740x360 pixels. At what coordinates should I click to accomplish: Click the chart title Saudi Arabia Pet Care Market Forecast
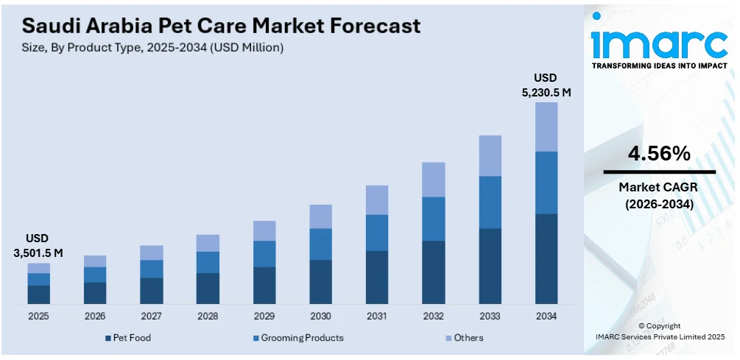point(221,26)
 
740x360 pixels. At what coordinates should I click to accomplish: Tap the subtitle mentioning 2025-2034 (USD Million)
point(152,47)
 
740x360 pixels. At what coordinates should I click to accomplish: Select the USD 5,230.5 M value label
point(546,85)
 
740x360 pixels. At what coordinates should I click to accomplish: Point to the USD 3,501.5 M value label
point(38,247)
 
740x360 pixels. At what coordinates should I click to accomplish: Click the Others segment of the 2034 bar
point(546,127)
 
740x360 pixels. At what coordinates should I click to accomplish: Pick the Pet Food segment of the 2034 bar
point(546,258)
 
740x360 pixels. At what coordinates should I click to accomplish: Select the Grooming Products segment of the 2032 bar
point(433,219)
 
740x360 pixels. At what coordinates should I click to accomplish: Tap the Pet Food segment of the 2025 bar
point(38,294)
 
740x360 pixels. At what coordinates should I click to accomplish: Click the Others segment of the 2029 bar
point(264,230)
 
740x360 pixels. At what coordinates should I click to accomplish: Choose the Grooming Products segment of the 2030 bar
point(320,244)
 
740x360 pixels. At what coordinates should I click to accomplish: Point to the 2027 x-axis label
point(151,316)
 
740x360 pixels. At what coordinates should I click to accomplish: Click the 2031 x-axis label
point(376,316)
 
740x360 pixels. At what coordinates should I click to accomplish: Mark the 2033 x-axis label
point(489,316)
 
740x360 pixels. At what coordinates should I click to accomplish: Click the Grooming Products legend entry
point(297,338)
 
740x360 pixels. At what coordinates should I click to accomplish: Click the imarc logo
point(659,46)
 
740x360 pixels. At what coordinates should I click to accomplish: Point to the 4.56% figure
point(659,154)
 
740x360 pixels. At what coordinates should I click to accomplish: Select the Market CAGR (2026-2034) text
point(659,195)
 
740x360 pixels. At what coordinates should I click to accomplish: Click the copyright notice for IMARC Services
point(660,331)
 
